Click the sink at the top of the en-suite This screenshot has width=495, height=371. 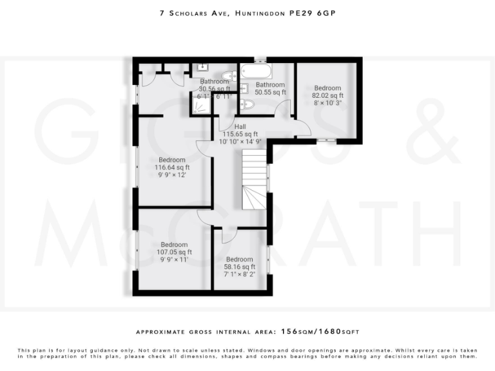pos(200,66)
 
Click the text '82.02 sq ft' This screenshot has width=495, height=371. pos(327,95)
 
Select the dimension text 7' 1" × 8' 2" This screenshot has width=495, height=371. pos(239,274)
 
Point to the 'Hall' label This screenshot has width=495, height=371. pos(240,127)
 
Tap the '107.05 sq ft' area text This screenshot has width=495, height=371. pos(174,252)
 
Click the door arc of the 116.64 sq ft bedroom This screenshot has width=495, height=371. pos(204,150)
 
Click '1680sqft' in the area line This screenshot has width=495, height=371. pos(340,332)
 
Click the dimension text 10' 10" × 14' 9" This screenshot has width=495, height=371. pos(240,142)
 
